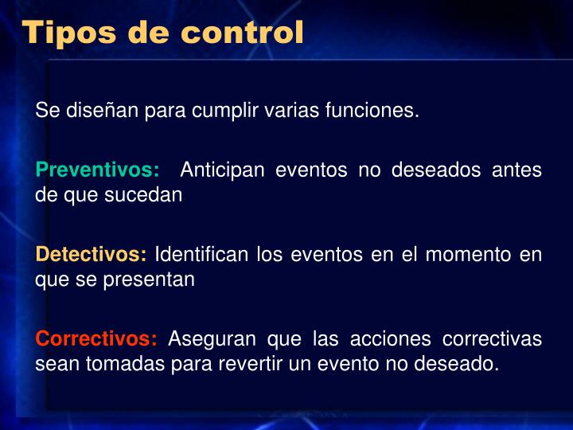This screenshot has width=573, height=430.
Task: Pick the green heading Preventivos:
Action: (97, 170)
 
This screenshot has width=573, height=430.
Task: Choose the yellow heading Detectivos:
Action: (92, 255)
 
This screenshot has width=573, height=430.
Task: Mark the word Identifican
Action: (202, 255)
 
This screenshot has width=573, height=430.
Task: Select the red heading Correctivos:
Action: (96, 339)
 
